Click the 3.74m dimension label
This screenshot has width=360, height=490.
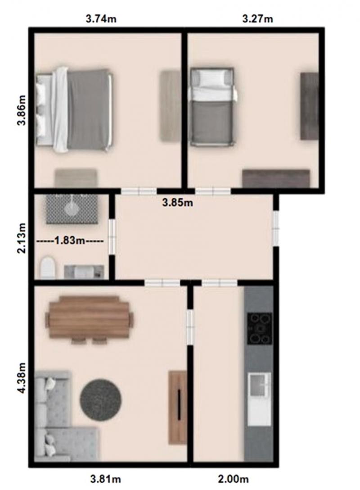(101, 19)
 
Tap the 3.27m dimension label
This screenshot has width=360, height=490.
(257, 19)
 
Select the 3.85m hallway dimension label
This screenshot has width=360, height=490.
(178, 203)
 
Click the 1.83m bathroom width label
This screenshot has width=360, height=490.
(70, 240)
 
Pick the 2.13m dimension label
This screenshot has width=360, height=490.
(21, 238)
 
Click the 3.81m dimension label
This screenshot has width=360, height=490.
(106, 478)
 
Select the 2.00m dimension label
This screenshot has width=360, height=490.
(233, 478)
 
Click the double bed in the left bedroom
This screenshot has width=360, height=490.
(74, 109)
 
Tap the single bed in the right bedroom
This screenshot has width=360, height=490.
(212, 107)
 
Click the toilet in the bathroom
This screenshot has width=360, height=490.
(48, 268)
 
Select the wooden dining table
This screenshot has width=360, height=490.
(90, 319)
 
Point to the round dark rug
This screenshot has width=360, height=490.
(100, 399)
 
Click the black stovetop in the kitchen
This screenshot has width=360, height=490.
(259, 328)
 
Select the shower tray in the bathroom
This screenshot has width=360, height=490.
(72, 209)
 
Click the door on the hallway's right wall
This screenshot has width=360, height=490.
(276, 229)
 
